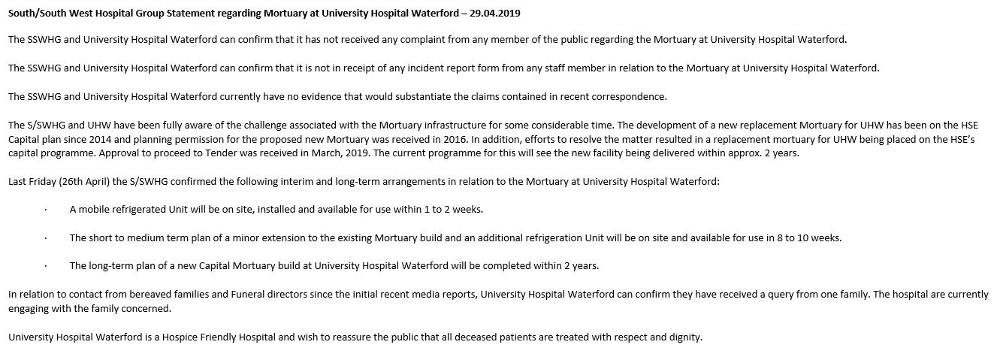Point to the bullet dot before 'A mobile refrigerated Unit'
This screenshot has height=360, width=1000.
45,209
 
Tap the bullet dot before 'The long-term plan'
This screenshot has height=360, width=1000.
45,266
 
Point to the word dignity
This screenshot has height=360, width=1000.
684,337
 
